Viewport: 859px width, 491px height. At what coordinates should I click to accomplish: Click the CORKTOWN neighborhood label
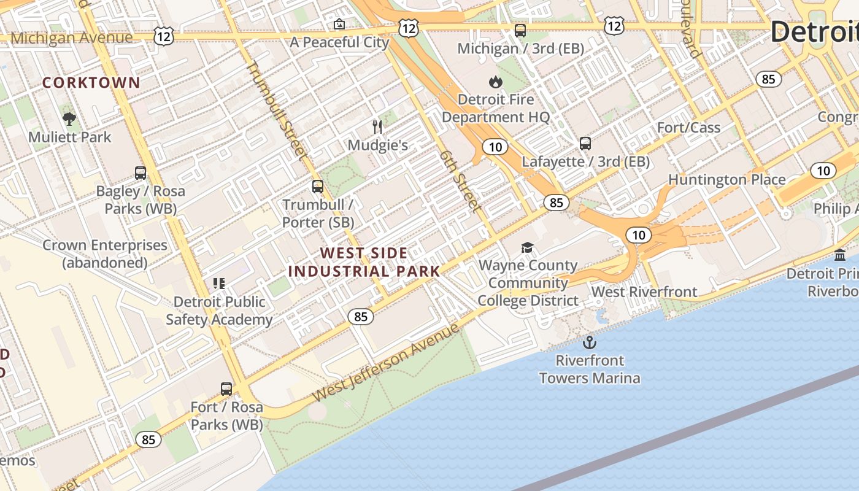point(91,83)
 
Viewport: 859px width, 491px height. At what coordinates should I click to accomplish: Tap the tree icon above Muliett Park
point(69,119)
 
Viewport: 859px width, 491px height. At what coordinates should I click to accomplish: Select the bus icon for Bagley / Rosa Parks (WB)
point(141,173)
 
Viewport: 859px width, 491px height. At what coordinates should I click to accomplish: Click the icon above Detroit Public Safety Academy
point(219,284)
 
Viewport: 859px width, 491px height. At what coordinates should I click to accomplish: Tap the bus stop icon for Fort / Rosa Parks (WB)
point(226,389)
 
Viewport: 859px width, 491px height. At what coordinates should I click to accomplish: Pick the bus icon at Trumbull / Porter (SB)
point(318,187)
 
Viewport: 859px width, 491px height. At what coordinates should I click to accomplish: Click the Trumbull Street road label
point(275,110)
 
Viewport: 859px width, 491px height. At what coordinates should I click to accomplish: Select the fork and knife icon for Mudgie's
point(377,127)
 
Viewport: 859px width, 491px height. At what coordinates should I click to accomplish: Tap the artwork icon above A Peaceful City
point(339,25)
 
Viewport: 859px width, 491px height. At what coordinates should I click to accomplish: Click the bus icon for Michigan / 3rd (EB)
point(520,31)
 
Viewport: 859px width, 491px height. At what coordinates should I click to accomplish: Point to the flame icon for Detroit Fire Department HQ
point(495,82)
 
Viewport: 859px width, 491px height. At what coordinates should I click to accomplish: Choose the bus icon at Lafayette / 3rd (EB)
point(585,144)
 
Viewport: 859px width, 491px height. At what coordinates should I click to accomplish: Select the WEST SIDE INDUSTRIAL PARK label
point(364,262)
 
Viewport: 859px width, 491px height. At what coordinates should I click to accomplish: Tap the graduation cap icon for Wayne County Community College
point(527,247)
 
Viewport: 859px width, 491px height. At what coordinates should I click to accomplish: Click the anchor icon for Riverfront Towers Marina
point(590,342)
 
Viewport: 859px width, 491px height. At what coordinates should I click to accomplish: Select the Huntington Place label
point(726,180)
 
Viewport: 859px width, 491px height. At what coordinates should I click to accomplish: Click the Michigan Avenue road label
point(71,38)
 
